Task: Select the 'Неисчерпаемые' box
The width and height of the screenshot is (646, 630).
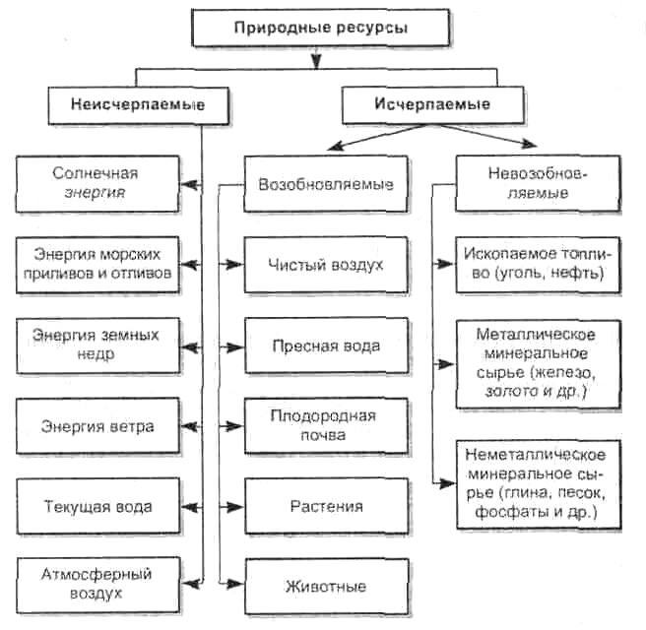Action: point(137,104)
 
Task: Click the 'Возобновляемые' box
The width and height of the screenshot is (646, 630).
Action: point(326,184)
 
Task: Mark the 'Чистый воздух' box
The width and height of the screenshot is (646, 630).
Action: point(326,265)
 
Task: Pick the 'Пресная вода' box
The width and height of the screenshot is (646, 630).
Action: point(326,346)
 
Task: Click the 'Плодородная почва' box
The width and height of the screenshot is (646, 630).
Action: point(326,425)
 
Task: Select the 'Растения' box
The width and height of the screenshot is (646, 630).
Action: point(326,507)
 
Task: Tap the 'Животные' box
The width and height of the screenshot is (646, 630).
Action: point(326,587)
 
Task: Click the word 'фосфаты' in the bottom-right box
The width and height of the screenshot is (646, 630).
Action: point(504,513)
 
